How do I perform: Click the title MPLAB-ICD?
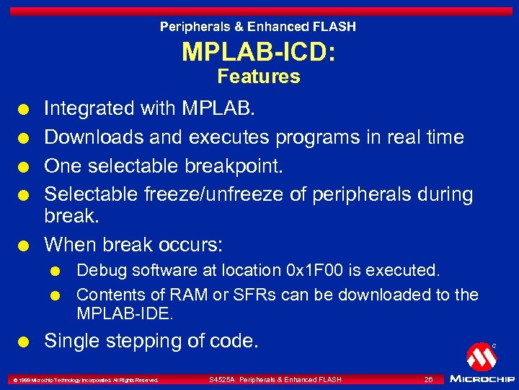tap(259, 52)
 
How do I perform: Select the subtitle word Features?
tap(259, 77)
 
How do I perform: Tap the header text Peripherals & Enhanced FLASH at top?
tap(258, 27)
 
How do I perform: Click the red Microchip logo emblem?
tap(481, 356)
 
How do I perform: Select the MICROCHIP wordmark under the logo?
tap(481, 378)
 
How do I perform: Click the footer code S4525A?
tap(222, 379)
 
